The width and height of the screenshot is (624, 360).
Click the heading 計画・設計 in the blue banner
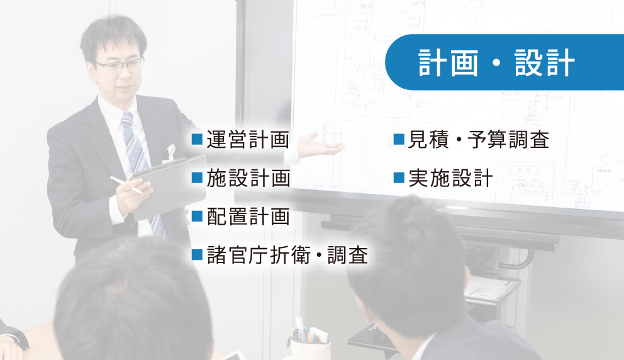click(496, 64)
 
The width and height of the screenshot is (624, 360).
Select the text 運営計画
click(248, 139)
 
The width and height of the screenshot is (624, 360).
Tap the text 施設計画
click(248, 179)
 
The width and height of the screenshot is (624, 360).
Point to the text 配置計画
click(248, 217)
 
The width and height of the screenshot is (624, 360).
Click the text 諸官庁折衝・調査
click(287, 255)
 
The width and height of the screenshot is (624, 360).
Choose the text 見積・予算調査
click(479, 139)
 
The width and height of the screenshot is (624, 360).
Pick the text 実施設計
click(450, 179)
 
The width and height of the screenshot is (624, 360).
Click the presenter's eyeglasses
click(120, 64)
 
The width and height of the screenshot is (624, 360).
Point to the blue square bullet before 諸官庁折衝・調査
click(197, 255)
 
